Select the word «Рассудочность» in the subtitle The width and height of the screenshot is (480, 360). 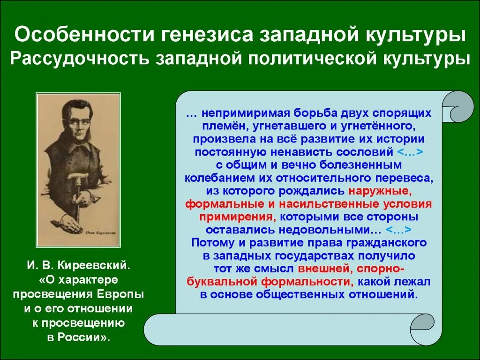(x=80, y=58)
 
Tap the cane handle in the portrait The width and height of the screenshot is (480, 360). (x=75, y=178)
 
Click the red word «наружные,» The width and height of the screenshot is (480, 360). (x=380, y=191)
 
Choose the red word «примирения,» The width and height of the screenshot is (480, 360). (x=238, y=217)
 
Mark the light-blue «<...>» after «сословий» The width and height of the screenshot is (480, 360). (x=410, y=152)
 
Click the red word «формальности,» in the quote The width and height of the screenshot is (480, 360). (x=307, y=282)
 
